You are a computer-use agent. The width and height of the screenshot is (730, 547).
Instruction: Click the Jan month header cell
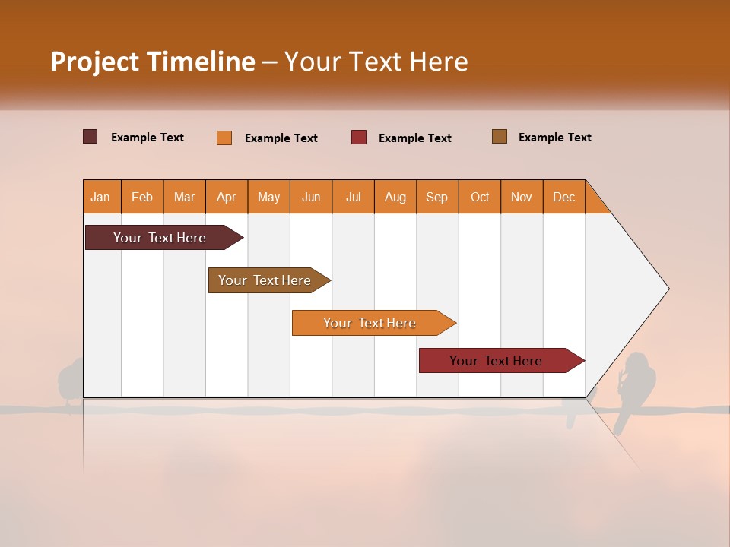coord(101,197)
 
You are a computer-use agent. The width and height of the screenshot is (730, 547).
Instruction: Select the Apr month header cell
coord(227,197)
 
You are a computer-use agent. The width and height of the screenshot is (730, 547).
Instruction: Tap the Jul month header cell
coord(353,197)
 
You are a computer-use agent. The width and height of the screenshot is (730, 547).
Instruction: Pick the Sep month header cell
coord(437,197)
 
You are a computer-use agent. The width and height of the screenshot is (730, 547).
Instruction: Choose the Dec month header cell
coord(563,197)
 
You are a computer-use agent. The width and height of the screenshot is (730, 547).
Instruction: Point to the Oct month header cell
coord(480,197)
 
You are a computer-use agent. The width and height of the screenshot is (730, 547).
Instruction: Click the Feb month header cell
coord(142,197)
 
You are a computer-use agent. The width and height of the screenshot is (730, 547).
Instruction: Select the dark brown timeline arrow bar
coord(160,238)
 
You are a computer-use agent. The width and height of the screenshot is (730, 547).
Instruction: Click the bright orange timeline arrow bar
coord(370,323)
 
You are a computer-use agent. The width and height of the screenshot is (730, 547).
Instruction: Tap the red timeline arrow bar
coord(496,361)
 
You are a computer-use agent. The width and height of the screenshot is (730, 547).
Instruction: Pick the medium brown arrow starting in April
coord(265,280)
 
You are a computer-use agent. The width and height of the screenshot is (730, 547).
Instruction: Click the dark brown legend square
coord(90,137)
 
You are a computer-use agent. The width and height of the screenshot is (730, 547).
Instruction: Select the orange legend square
coord(224,138)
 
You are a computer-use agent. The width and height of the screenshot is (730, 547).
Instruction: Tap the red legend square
coord(359,138)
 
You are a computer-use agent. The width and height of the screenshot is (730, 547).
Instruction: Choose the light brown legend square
coord(500,137)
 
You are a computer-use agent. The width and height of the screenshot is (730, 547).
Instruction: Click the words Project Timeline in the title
coord(152,62)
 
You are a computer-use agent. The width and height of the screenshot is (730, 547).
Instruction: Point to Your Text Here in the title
coord(376,62)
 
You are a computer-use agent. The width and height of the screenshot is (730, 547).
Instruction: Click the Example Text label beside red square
coord(414,138)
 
